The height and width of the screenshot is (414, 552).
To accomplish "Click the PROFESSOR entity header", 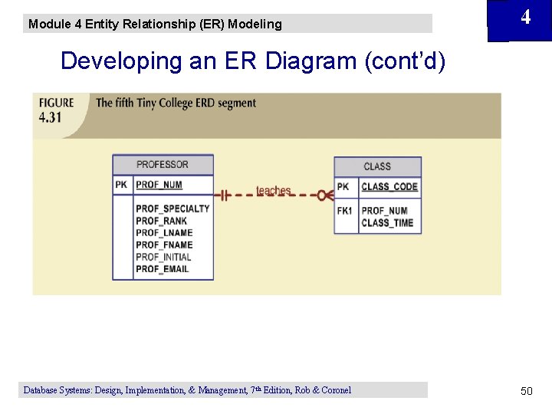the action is [163, 164].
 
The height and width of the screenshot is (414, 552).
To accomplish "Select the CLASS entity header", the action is [377, 166].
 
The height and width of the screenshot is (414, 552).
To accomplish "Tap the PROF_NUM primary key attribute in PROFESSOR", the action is [159, 185].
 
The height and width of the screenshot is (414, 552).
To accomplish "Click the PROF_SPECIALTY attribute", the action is [172, 209].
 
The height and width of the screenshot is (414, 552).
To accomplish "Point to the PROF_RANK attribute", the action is [161, 221].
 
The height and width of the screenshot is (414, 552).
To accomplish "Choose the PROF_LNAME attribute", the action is [164, 233].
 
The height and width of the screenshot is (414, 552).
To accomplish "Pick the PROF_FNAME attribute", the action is [164, 245].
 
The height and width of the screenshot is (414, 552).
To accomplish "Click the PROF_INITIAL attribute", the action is [163, 258].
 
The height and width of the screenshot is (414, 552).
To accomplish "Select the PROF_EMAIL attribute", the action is [162, 270].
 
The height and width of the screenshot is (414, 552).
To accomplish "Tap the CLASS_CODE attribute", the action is [389, 186].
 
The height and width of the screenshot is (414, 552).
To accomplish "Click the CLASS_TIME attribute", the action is [387, 223].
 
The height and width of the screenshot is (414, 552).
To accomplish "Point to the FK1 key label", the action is [345, 211].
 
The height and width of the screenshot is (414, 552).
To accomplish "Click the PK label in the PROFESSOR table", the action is [122, 185].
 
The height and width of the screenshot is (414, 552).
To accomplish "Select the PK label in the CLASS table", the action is [343, 186].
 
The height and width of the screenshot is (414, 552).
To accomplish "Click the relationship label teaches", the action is [273, 190].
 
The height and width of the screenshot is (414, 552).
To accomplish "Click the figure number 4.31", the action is [51, 118].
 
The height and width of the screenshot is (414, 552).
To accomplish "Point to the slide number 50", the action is [526, 391].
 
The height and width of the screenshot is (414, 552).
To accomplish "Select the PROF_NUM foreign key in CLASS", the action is [384, 211].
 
